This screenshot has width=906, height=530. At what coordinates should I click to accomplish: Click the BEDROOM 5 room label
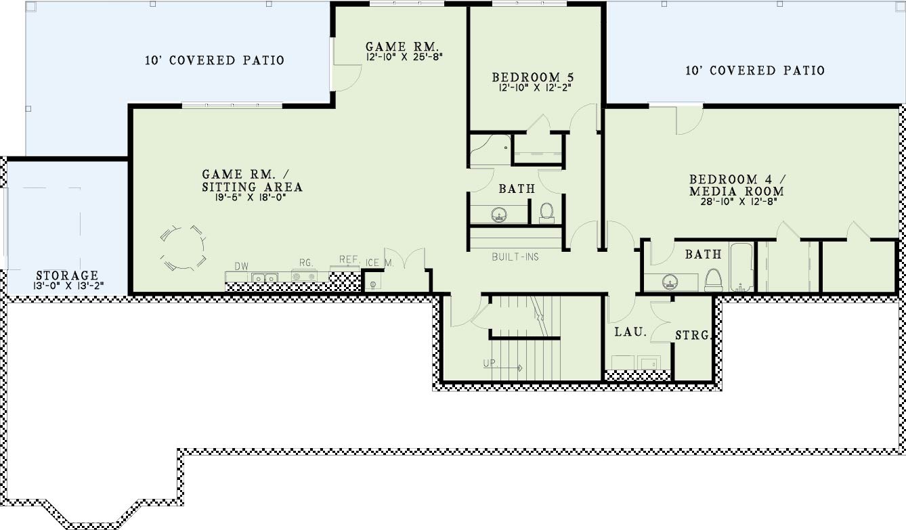[533, 76]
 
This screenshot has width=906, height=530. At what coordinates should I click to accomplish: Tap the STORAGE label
[67, 275]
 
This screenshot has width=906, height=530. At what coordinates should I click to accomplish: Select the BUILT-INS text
[515, 257]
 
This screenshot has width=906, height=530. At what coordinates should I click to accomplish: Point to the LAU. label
[630, 332]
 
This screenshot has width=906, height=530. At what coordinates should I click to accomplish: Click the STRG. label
[693, 335]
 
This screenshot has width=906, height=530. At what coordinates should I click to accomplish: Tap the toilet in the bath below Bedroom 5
[546, 213]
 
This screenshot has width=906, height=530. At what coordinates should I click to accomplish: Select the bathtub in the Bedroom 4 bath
[741, 267]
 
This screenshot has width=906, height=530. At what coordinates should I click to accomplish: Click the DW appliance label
[242, 266]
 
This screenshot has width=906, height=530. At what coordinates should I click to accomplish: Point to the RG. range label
[306, 263]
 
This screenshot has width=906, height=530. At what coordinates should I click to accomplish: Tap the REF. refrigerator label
[349, 259]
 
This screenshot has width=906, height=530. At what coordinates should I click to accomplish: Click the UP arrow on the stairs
[502, 368]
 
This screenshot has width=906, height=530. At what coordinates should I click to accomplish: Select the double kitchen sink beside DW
[265, 278]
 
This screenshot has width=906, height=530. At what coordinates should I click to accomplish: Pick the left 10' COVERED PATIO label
[215, 60]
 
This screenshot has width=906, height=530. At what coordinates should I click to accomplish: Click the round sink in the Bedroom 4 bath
[670, 282]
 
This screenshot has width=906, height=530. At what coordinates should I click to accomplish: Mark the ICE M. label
[379, 263]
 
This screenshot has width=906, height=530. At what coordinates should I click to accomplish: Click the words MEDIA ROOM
[737, 191]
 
